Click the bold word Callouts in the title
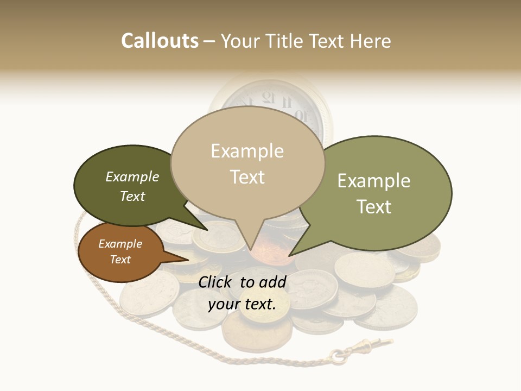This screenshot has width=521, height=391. (160, 41)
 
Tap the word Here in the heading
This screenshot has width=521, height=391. (370, 41)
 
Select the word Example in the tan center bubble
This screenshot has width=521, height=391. (247, 151)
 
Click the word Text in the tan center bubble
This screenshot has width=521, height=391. (247, 177)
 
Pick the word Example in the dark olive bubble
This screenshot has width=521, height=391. (132, 176)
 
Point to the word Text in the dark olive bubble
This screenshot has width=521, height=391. (132, 196)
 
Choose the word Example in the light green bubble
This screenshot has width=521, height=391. (374, 181)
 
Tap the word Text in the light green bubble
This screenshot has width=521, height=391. (374, 207)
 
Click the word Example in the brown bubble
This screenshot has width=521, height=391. (120, 244)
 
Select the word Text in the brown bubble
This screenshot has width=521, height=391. (120, 260)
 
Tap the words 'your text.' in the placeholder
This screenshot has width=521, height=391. (242, 305)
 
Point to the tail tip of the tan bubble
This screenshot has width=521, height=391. (250, 251)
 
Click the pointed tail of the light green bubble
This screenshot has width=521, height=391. (290, 255)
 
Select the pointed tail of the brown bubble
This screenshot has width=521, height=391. (188, 259)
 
